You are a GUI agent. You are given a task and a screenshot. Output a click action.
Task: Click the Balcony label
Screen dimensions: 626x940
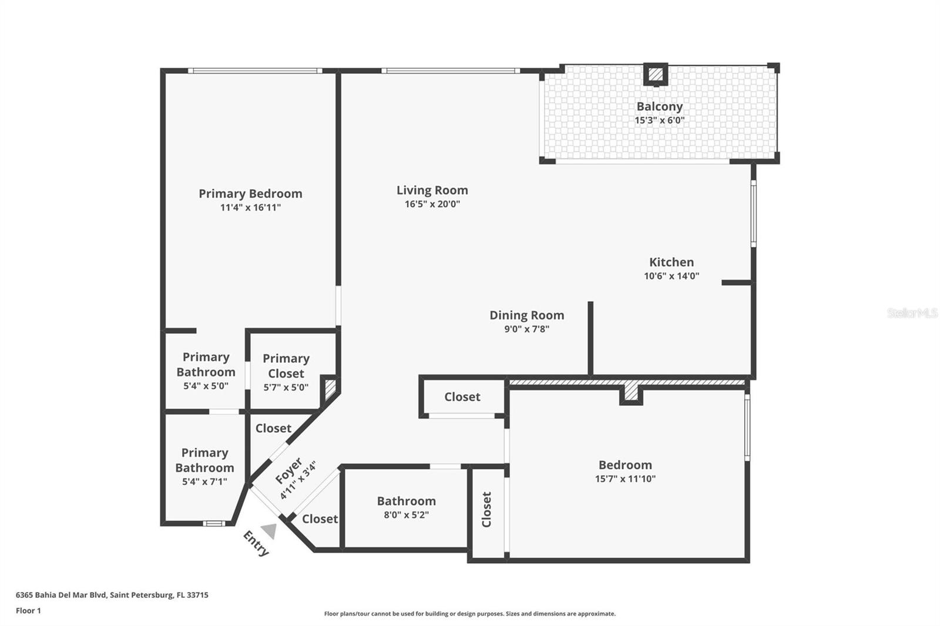coord(659,106)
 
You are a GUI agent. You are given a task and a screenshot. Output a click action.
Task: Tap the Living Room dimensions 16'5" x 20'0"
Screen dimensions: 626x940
coord(432,204)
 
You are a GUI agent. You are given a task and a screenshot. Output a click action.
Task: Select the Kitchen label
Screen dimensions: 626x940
coord(671,262)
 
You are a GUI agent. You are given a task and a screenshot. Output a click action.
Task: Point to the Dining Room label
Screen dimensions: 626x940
coord(526,315)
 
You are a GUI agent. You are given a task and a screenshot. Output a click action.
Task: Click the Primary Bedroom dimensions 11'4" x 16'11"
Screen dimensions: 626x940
coord(250,208)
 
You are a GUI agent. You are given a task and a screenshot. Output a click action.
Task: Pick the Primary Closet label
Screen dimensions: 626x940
coord(286,366)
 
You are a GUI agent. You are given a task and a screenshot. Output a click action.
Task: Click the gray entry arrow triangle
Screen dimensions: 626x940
coord(270,530)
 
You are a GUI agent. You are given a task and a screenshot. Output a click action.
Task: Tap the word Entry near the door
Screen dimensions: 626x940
coord(256,543)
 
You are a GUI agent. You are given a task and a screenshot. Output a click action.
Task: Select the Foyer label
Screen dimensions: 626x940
coord(288,471)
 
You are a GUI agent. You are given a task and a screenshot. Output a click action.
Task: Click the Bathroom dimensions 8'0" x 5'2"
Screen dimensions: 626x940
coord(406,515)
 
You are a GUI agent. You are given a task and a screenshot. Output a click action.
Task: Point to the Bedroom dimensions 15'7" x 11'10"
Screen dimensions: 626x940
coord(625,479)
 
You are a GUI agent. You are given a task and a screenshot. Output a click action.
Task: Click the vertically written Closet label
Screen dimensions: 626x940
coord(486,509)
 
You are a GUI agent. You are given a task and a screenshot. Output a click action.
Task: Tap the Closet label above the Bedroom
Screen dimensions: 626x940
coord(462,397)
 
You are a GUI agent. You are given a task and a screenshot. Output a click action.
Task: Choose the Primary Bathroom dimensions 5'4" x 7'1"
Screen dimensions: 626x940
coord(204,482)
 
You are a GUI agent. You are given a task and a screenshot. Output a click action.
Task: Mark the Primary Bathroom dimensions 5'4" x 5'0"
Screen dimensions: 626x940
coord(206,386)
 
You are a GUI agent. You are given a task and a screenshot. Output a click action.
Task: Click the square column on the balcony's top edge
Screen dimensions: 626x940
coord(656,75)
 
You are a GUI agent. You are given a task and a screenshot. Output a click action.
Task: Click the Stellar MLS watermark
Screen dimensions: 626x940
coord(912,313)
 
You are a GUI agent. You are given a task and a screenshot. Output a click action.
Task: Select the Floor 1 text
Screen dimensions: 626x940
coord(28,611)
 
